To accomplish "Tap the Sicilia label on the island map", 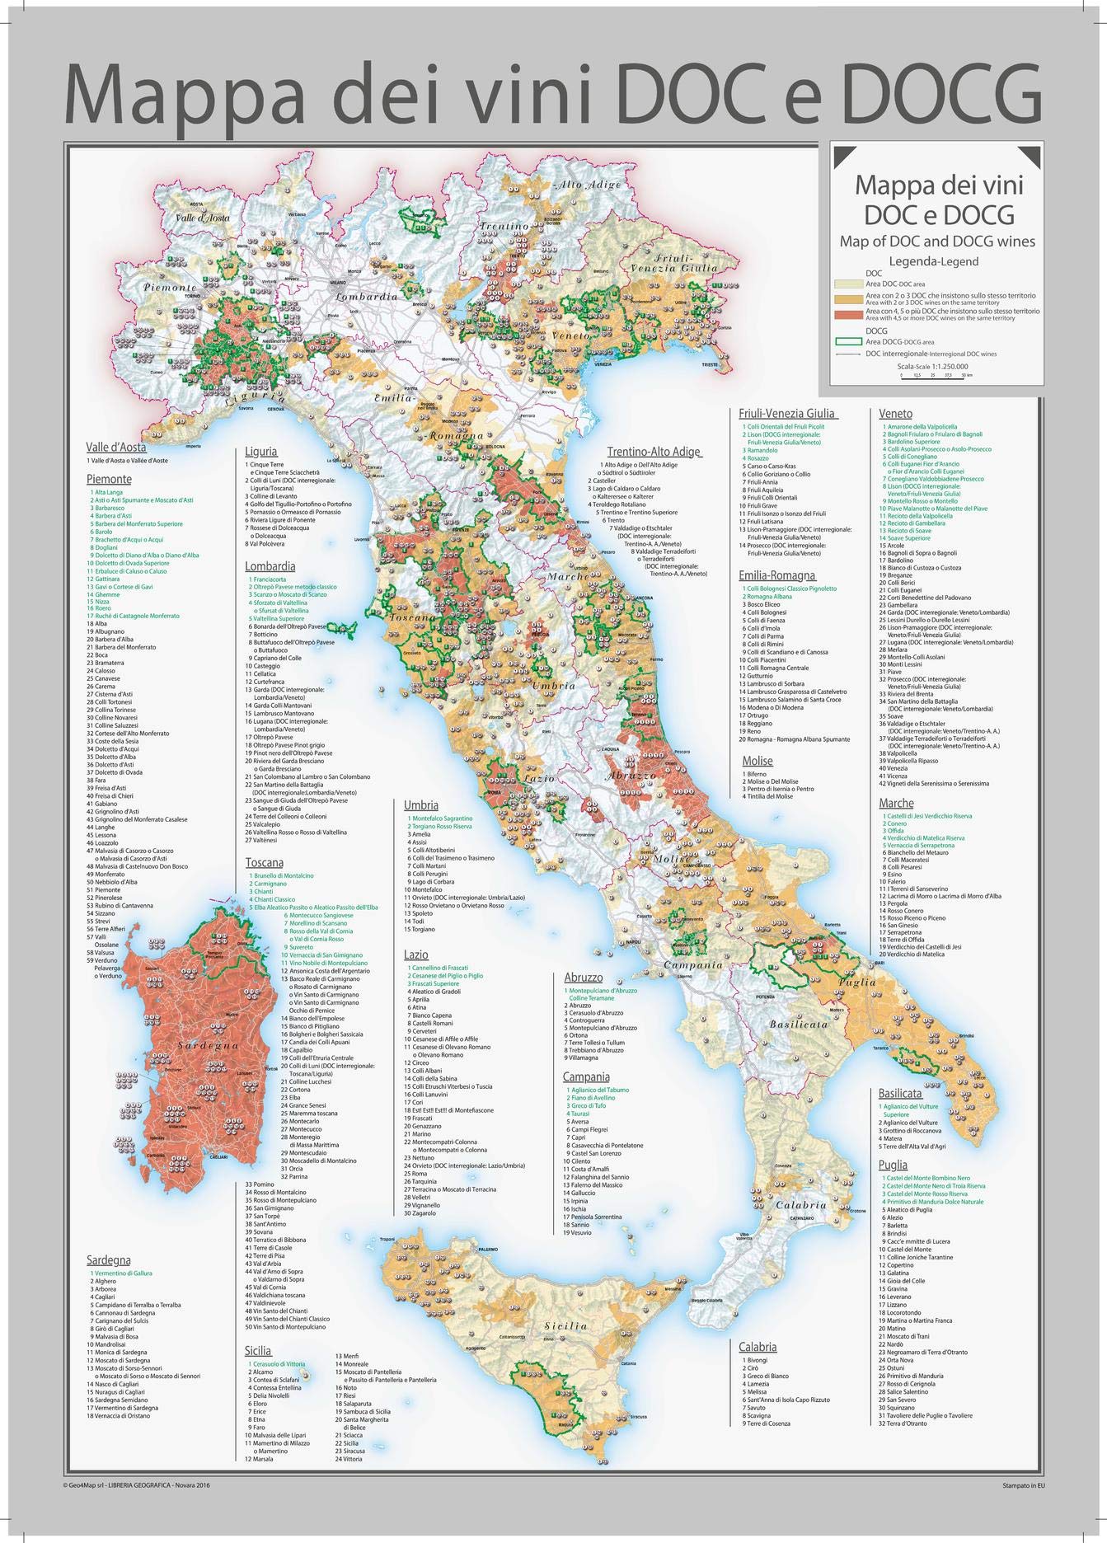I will click(x=565, y=1348).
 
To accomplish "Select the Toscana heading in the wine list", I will click(x=264, y=861).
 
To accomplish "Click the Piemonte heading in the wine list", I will click(x=109, y=478).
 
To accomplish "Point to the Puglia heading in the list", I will click(x=893, y=1165).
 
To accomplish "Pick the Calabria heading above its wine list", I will click(x=758, y=1347).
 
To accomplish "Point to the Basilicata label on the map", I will click(x=798, y=1024).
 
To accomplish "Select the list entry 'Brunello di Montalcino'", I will click(x=280, y=875).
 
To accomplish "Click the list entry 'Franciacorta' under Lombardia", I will click(x=273, y=579).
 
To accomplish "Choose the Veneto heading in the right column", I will click(x=895, y=413).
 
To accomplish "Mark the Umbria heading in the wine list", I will click(x=420, y=804).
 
